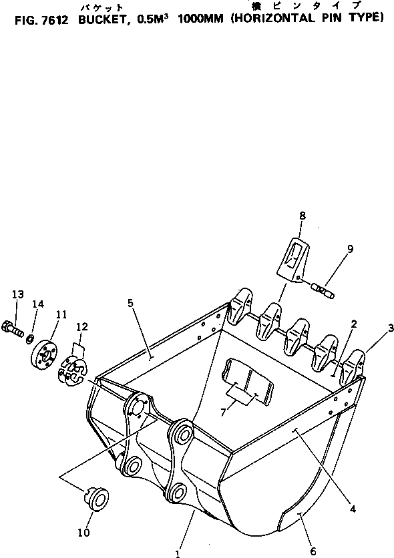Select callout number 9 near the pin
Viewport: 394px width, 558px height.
point(350,250)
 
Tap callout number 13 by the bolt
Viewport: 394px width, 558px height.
point(17,294)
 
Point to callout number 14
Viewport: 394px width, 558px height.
point(37,304)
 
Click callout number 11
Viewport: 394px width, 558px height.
point(61,314)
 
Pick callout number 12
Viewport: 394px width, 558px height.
point(81,326)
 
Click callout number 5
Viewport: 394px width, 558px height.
point(132,303)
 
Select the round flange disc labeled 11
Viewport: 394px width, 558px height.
point(44,353)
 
